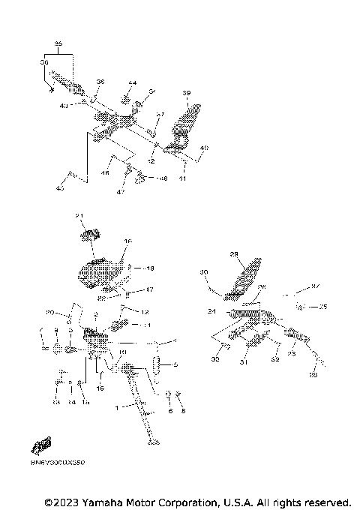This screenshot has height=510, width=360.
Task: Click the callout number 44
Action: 132,83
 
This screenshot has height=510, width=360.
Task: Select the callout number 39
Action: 187,92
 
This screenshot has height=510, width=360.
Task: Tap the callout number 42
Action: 151,161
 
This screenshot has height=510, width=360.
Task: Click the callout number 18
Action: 150,268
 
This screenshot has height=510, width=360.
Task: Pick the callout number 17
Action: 149,289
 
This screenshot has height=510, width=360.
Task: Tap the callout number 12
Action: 146,310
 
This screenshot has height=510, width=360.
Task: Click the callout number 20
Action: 50,311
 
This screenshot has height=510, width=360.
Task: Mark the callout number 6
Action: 170,412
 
